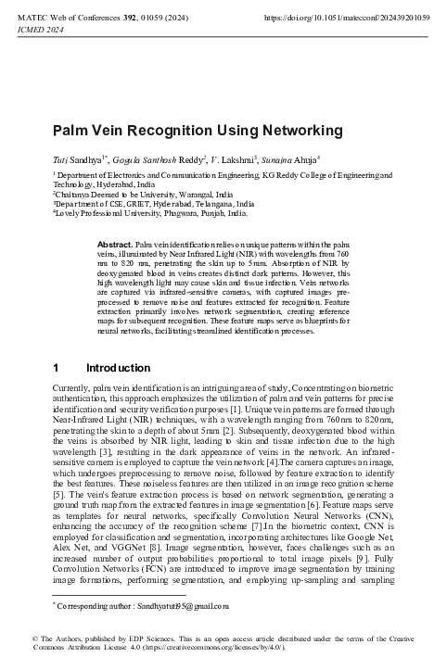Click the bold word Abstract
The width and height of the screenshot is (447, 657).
(x=114, y=243)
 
